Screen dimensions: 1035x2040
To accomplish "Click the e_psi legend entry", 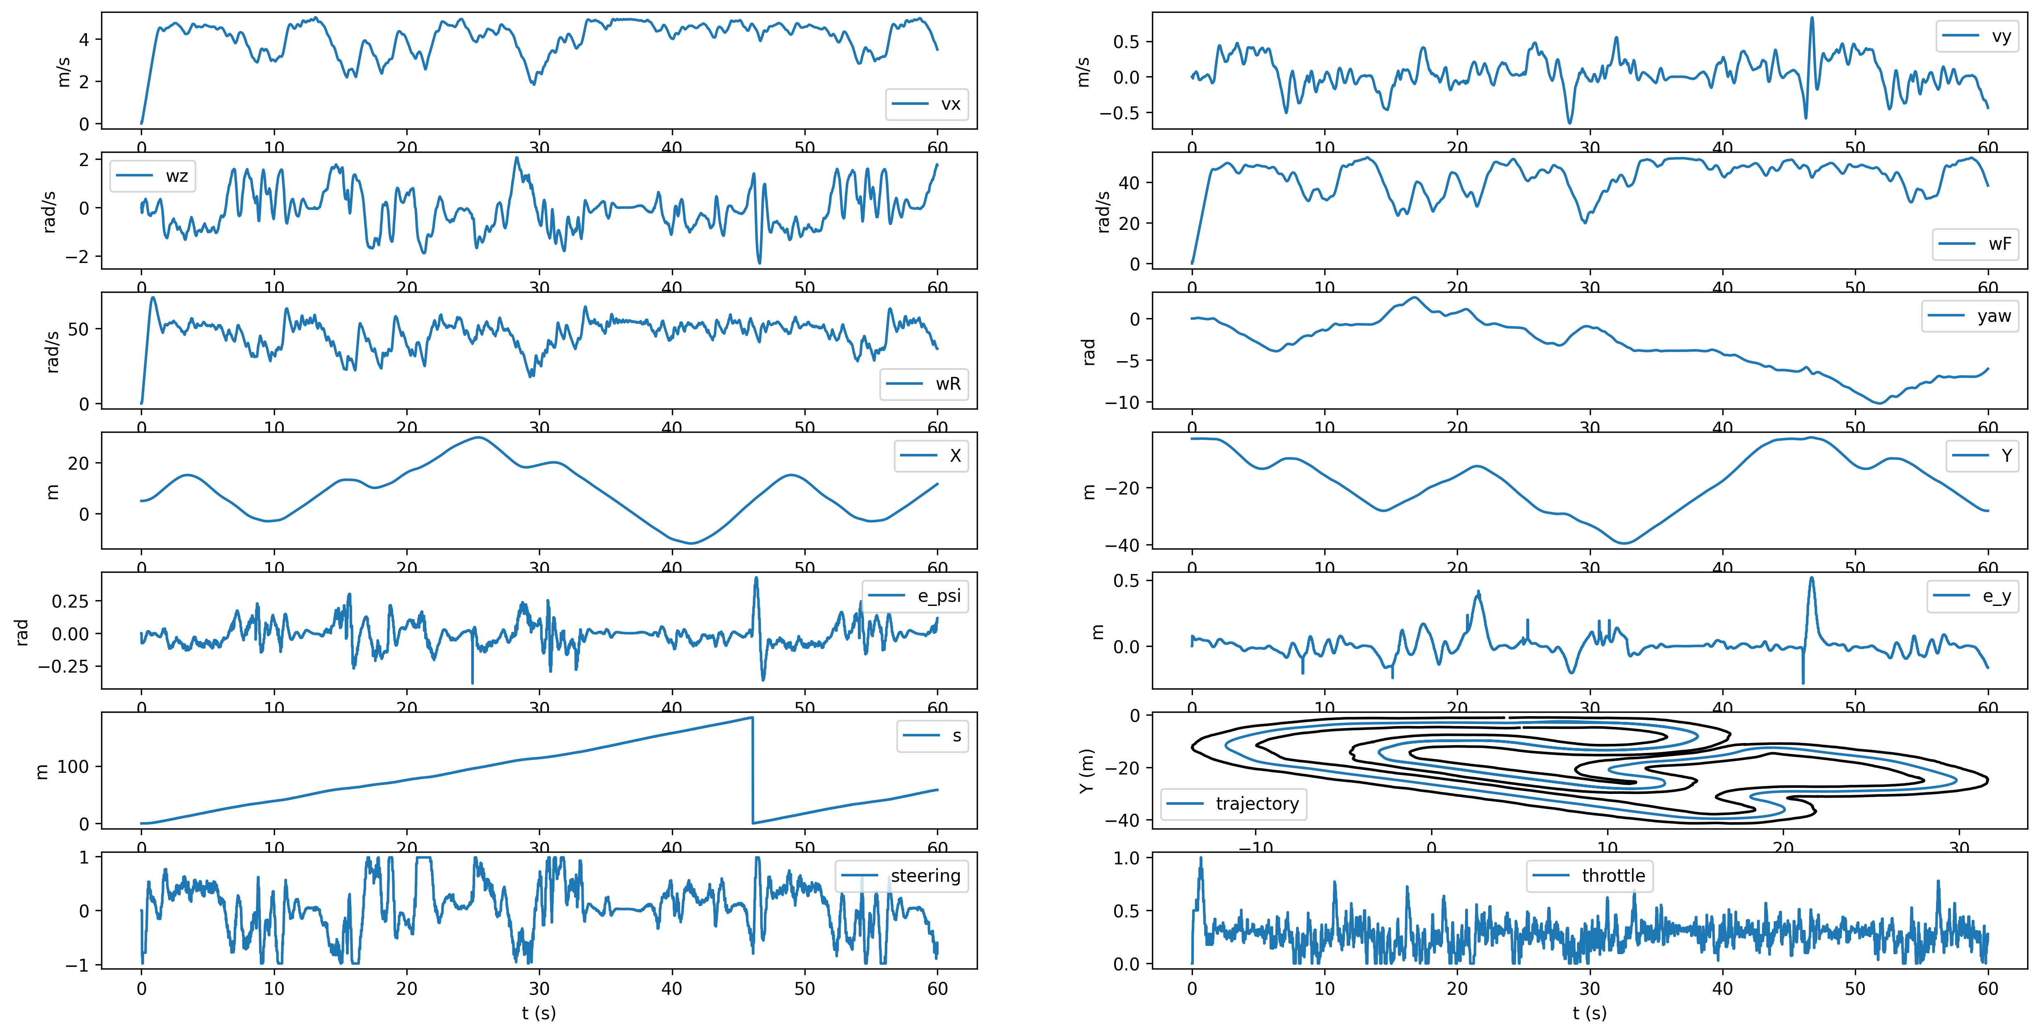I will click(915, 596).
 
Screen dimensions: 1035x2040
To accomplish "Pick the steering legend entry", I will click(902, 876).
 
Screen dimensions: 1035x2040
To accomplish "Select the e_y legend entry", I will click(1973, 596).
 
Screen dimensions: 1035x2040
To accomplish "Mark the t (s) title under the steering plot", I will click(538, 1013).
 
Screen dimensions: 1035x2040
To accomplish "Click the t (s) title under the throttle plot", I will click(1589, 1013).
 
